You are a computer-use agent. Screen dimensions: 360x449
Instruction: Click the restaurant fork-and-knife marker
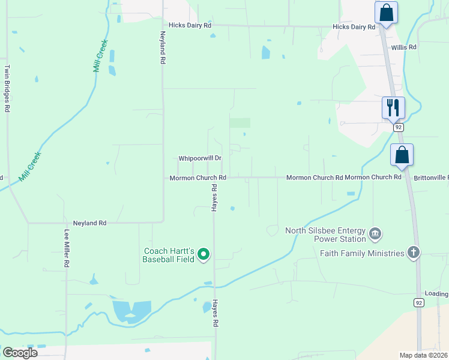[x=393, y=108]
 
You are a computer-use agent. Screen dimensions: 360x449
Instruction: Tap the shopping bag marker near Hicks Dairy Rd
[x=385, y=13]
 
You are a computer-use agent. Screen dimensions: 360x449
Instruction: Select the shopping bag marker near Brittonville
[x=402, y=155]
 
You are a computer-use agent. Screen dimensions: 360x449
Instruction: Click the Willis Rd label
[x=404, y=47]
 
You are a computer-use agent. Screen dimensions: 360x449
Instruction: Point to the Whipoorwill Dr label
[x=200, y=158]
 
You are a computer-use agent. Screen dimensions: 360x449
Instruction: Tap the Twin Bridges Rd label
[x=8, y=89]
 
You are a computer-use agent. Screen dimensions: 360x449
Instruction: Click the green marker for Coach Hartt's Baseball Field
[x=203, y=255]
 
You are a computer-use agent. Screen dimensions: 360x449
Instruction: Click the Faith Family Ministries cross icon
[x=413, y=253]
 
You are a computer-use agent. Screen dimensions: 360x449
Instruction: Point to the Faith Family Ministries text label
[x=362, y=253]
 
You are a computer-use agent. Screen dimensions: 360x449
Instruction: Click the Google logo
[x=20, y=352]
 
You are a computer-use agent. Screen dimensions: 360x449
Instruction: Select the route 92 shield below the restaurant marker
[x=397, y=127]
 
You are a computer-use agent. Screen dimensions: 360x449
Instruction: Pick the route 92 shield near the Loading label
[x=418, y=303]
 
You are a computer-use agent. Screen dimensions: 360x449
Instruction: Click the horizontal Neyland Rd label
[x=89, y=223]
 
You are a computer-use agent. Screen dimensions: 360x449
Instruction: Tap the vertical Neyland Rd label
[x=162, y=48]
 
